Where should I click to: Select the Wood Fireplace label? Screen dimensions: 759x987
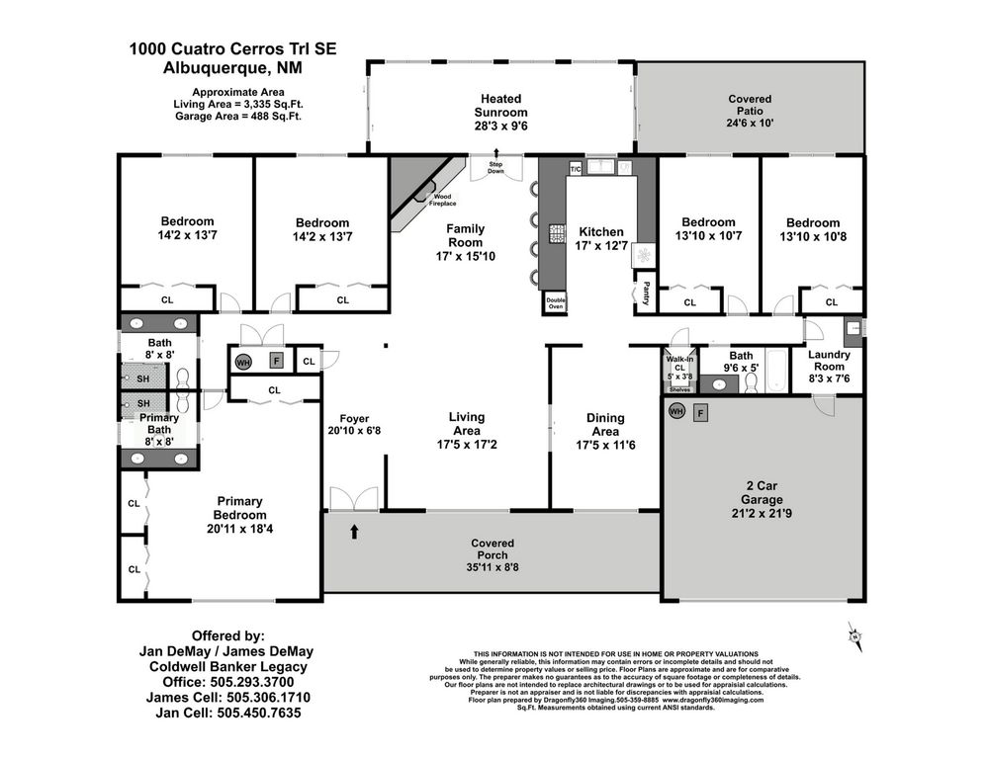click(x=442, y=200)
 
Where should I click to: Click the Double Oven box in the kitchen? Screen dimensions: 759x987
click(x=555, y=302)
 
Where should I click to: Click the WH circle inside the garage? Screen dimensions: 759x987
click(x=677, y=411)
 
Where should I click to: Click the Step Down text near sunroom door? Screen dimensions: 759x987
click(x=495, y=169)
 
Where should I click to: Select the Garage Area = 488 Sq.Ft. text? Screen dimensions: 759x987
click(x=238, y=116)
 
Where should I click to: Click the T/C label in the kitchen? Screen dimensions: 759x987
click(x=576, y=170)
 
